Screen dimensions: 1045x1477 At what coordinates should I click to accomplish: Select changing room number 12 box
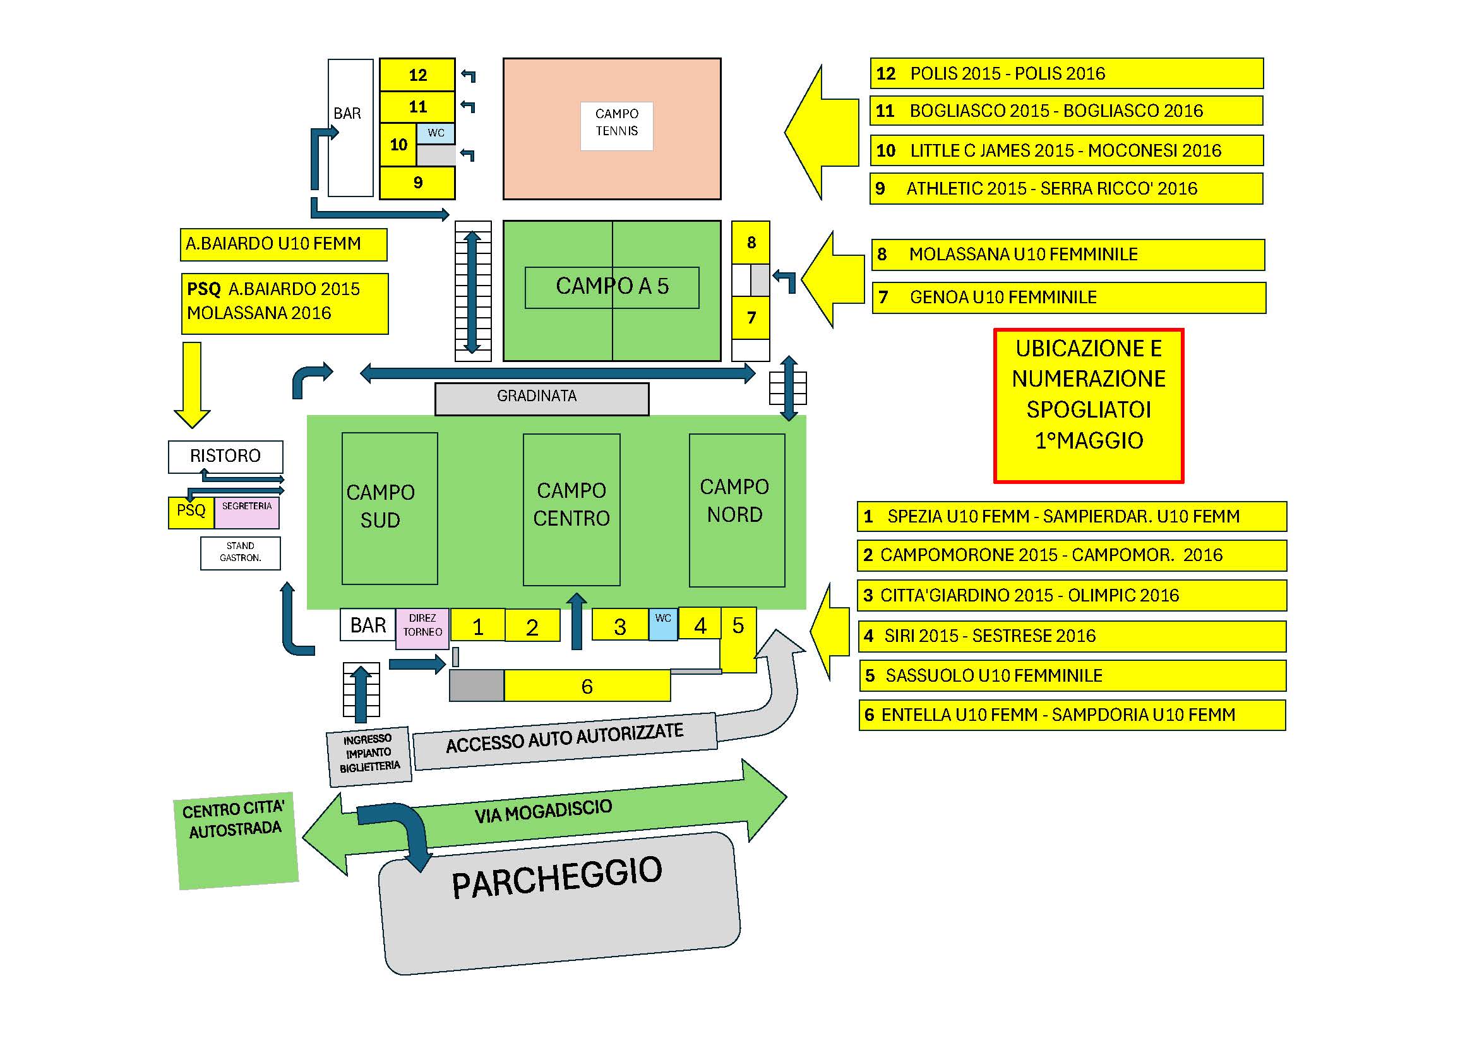click(x=417, y=75)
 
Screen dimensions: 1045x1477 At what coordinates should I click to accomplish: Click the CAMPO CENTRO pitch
click(x=571, y=509)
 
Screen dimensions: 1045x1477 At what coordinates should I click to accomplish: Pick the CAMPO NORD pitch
click(x=736, y=509)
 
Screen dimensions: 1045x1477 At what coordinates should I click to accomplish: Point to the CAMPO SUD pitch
click(x=389, y=508)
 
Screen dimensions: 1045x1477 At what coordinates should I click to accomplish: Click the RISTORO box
click(x=225, y=456)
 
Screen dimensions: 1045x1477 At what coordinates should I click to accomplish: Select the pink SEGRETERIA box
click(x=246, y=512)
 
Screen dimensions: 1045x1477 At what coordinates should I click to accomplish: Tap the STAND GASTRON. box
click(x=240, y=553)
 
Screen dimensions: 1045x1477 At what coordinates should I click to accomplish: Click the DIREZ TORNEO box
click(x=422, y=627)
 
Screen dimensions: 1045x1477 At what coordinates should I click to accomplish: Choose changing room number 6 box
click(x=587, y=686)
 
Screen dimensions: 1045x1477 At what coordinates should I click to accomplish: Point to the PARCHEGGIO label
click(x=557, y=878)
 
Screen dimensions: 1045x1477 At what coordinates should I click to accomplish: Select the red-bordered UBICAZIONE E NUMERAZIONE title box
click(x=1088, y=406)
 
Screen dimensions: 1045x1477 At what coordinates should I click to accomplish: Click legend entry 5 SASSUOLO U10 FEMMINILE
click(x=1072, y=675)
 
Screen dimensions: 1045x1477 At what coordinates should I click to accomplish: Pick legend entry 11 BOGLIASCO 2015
click(x=1066, y=111)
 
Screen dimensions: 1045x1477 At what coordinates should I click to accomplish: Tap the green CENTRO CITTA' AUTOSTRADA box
click(x=235, y=840)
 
